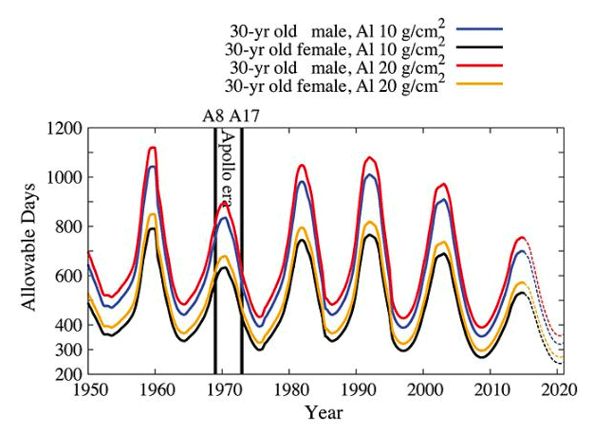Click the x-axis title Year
click(324, 413)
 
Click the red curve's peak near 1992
click(370, 157)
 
